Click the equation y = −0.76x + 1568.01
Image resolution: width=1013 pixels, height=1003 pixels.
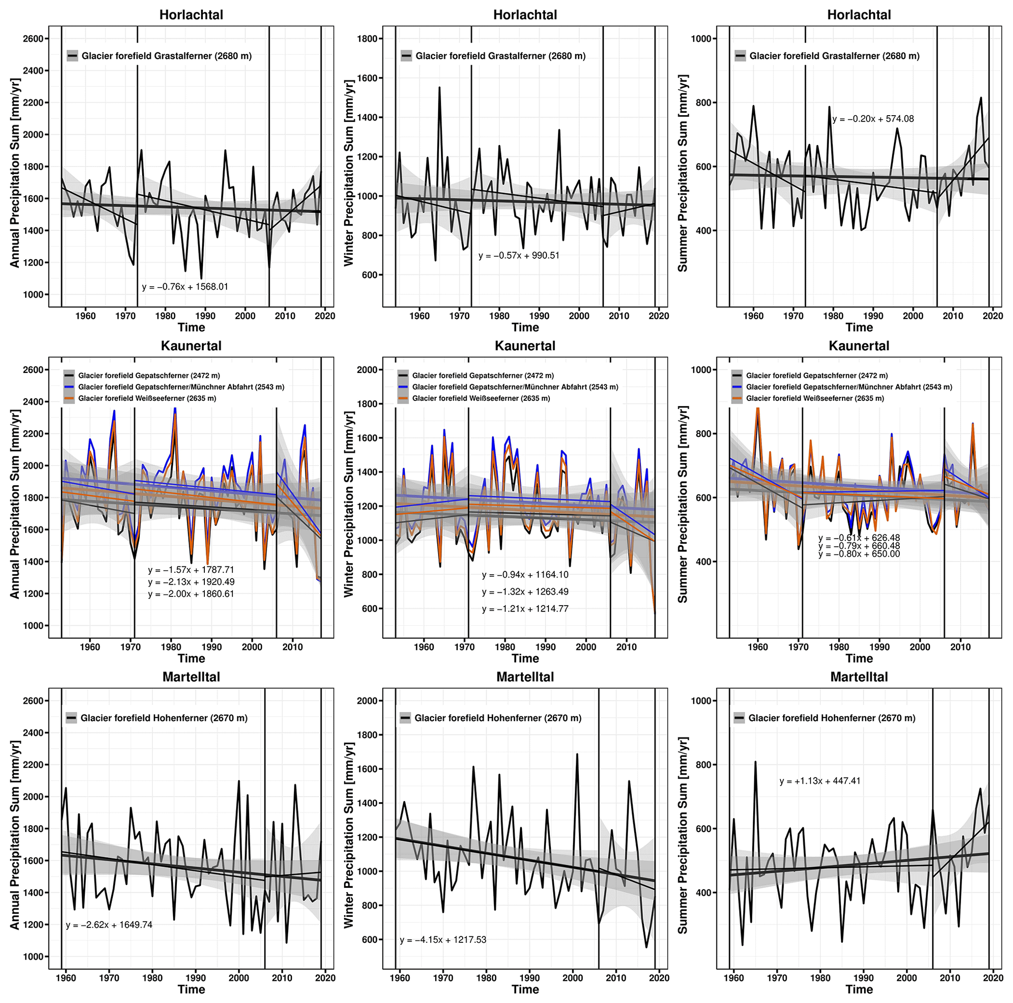pos(185,287)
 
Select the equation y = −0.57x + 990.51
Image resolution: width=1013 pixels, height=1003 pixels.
pos(519,256)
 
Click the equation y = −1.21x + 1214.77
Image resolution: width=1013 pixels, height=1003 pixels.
pos(525,609)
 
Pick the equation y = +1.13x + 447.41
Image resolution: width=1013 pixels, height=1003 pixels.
pos(819,781)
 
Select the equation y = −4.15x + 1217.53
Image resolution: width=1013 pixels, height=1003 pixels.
pos(443,940)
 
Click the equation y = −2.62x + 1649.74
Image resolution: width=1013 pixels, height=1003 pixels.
pos(109,925)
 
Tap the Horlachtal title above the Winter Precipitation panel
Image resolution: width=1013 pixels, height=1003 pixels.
pos(525,15)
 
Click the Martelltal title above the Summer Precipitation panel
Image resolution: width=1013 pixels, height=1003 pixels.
pos(859,677)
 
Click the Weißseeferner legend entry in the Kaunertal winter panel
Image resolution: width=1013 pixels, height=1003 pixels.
pos(481,398)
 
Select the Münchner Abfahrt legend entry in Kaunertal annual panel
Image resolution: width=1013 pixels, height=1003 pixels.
pos(181,387)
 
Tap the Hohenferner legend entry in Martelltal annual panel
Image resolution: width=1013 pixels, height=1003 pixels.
pos(164,718)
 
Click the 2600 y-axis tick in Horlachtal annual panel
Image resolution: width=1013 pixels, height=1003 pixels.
pos(33,39)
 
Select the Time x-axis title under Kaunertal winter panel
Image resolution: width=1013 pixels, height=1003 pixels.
pos(525,659)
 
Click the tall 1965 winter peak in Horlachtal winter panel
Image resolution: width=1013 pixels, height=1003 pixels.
pos(440,88)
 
